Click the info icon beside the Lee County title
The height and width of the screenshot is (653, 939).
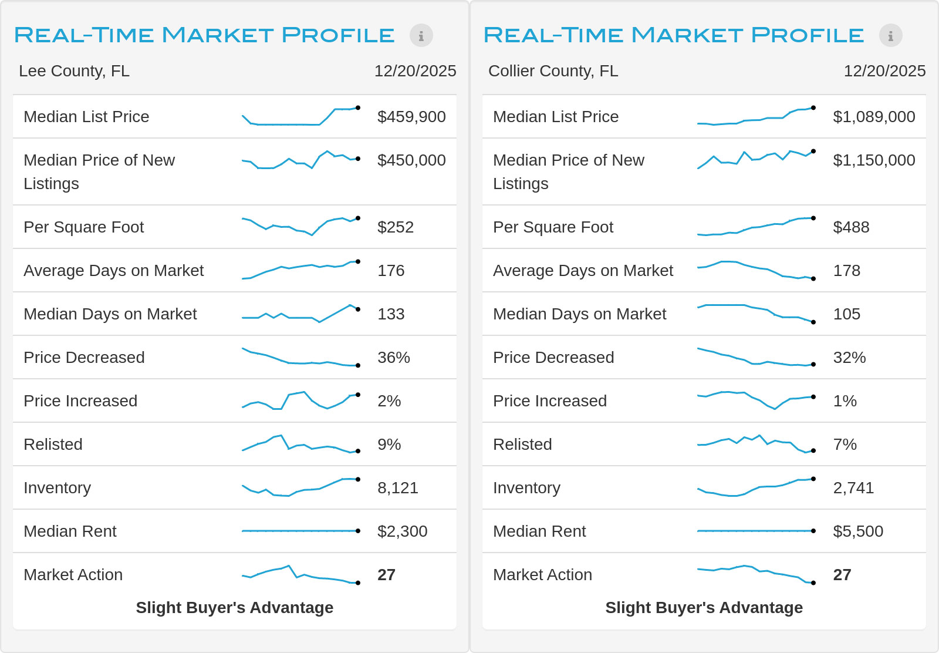click(421, 35)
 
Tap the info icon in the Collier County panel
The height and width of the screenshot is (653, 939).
click(890, 35)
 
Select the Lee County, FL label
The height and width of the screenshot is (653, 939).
click(74, 71)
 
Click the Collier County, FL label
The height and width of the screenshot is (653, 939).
click(553, 71)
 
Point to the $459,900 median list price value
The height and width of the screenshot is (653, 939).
click(411, 117)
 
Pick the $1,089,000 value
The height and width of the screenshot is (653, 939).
click(874, 117)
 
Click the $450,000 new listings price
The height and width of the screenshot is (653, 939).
click(411, 160)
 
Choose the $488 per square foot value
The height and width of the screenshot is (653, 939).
click(851, 227)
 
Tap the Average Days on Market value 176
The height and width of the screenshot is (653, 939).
click(391, 271)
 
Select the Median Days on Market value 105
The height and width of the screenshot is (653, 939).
click(846, 314)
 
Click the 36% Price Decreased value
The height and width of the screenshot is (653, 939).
click(394, 357)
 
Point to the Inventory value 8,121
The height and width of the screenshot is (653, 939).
click(398, 488)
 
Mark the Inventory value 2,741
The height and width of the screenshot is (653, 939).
click(853, 488)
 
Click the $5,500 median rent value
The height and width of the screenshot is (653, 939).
click(858, 531)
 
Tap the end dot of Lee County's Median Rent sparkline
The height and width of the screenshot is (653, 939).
click(358, 531)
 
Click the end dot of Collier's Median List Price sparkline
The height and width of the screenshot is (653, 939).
click(813, 108)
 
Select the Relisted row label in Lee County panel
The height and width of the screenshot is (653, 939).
click(53, 444)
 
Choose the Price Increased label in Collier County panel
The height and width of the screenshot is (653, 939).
click(549, 401)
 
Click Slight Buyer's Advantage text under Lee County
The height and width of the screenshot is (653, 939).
click(234, 607)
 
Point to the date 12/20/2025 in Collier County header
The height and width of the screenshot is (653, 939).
click(884, 71)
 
